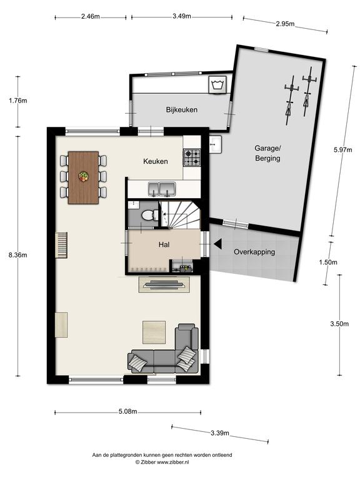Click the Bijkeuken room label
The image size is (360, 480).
point(181,109)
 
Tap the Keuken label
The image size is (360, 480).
point(156,161)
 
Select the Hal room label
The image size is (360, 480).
point(164,244)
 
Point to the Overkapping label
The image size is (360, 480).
point(254,252)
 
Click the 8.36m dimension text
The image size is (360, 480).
point(18,255)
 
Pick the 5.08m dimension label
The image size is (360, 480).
point(128,411)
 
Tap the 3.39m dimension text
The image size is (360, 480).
point(220,433)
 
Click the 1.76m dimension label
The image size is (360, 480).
point(18,100)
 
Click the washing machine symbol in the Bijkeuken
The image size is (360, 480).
point(217,85)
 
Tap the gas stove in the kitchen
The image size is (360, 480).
point(192,157)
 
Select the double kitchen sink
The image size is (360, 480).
point(162,189)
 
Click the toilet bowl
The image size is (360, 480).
point(149,215)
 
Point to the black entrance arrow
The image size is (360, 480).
point(217,244)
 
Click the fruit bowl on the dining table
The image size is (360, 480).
point(84,176)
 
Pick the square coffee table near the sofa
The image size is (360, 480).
point(154,332)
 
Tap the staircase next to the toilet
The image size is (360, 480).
point(179,214)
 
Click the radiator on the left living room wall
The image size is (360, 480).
point(61,245)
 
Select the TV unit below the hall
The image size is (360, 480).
point(165,284)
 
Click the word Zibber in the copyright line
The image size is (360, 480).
point(148,462)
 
